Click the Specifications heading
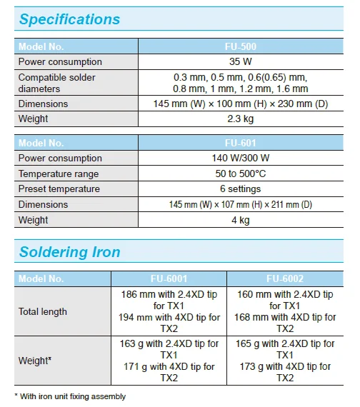click(x=69, y=19)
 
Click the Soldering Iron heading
click(x=69, y=251)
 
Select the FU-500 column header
click(x=241, y=46)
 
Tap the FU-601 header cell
click(x=241, y=143)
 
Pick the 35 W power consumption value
click(x=241, y=62)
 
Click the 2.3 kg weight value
click(x=241, y=119)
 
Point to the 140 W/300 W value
click(x=241, y=159)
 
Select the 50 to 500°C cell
click(x=241, y=174)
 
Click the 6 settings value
click(x=241, y=189)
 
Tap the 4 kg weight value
click(x=241, y=220)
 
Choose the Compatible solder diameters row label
click(x=56, y=83)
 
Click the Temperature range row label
click(x=59, y=174)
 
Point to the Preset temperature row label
click(x=59, y=189)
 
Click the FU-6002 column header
click(x=284, y=278)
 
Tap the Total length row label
click(x=43, y=311)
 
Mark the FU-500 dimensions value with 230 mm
click(x=241, y=104)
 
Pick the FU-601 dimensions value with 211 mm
click(x=241, y=205)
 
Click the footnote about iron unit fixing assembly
click(x=70, y=396)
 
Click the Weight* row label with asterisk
click(x=35, y=361)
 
